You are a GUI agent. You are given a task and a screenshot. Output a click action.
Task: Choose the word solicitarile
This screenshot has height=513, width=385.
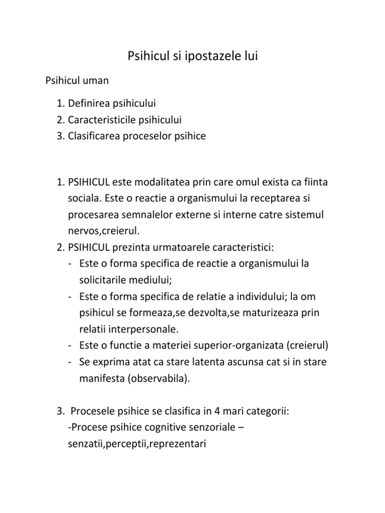[x=103, y=280]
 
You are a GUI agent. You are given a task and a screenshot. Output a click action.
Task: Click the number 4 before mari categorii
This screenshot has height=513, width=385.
[x=217, y=412]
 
